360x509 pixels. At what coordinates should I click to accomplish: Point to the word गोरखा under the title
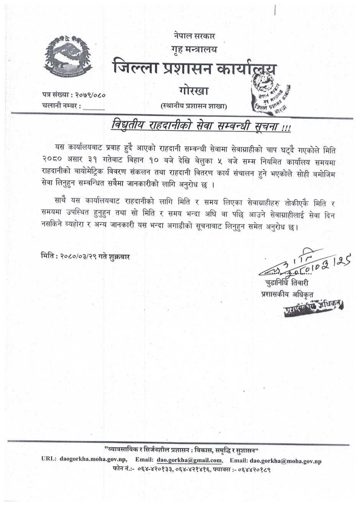tap(193, 91)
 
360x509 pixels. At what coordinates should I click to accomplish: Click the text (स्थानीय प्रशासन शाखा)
tap(194, 106)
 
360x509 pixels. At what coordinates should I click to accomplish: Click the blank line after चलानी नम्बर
tap(94, 107)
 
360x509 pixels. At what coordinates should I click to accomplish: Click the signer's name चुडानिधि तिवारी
tap(286, 283)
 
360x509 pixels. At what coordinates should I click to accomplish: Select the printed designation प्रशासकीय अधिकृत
tap(286, 294)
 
